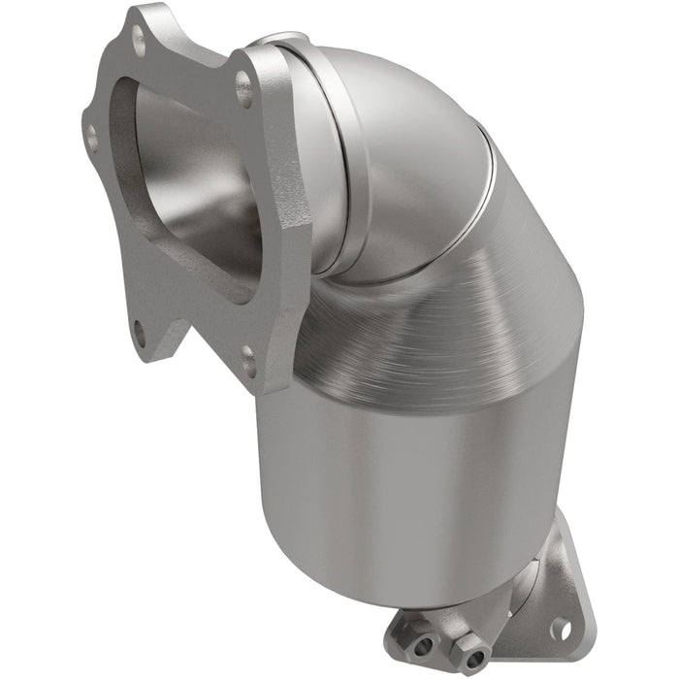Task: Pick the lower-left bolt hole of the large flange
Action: (140, 336)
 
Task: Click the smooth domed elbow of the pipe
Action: (407, 145)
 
